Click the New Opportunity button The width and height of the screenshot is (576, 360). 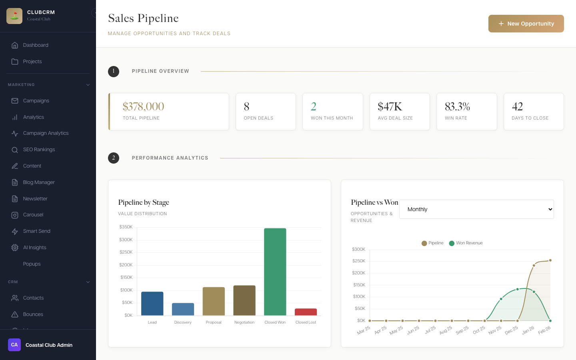[526, 24]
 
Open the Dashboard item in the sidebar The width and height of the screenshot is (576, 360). [36, 45]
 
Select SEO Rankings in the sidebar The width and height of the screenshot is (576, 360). [39, 150]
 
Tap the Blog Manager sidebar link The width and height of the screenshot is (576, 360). [39, 182]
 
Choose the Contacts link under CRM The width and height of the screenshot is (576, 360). [33, 298]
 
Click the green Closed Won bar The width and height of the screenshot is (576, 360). [275, 272]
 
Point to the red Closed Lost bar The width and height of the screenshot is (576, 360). [306, 312]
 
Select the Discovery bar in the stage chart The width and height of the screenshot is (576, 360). [183, 309]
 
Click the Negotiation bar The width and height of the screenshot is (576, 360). [244, 300]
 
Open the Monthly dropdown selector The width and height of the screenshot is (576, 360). [476, 209]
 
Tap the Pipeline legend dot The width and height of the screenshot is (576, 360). [424, 243]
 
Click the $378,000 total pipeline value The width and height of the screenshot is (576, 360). [143, 107]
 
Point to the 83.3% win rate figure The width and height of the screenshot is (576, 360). [457, 107]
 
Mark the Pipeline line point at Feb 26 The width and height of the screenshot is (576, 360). [550, 260]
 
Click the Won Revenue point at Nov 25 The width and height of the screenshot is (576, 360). [501, 299]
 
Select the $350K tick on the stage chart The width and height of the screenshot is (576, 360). [126, 227]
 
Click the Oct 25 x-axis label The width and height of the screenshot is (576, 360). [479, 330]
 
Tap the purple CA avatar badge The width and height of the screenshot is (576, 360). [14, 345]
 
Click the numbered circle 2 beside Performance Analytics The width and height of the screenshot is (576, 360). [114, 158]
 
